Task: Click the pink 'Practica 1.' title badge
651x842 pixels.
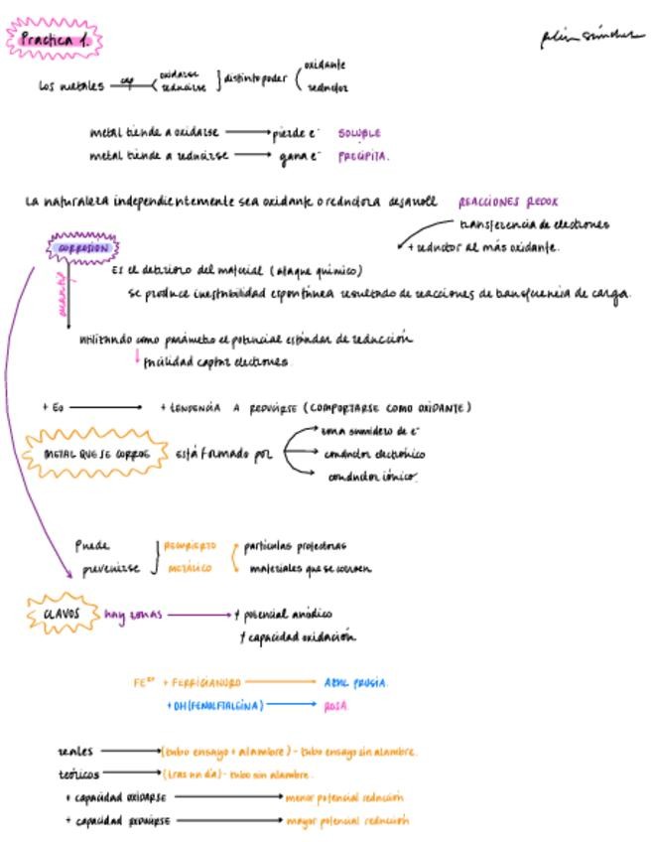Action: (x=56, y=40)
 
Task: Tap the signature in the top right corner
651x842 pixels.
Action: (x=586, y=38)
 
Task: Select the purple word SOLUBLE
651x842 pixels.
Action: (x=358, y=132)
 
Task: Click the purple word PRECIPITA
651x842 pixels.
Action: (x=363, y=156)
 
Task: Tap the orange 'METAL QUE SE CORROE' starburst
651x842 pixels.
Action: (x=97, y=454)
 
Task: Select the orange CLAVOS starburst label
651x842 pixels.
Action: (x=63, y=615)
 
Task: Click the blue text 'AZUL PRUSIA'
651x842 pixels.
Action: (x=355, y=682)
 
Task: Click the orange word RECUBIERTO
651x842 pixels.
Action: (x=190, y=545)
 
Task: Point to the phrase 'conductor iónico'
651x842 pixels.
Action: (x=371, y=477)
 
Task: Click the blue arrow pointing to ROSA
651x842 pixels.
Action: (x=292, y=705)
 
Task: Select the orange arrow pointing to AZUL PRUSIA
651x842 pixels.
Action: (x=281, y=682)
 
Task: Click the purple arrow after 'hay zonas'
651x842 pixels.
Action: (x=198, y=615)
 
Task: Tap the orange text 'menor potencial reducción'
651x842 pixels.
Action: (x=344, y=797)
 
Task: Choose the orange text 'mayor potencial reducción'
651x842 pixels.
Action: (x=346, y=821)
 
